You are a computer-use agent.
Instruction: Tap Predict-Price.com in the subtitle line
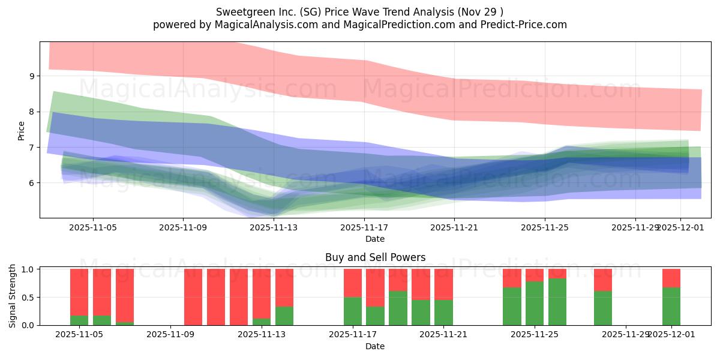point(524,25)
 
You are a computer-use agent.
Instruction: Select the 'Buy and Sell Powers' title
point(375,257)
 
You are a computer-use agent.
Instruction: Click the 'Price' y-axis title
point(22,130)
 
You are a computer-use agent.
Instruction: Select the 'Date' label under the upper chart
point(375,239)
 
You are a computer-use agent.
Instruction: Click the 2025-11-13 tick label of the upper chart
point(274,227)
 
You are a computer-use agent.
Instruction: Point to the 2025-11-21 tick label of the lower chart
point(443,335)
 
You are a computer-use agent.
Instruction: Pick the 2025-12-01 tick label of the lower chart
point(671,335)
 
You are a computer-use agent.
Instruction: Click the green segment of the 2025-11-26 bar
point(557,302)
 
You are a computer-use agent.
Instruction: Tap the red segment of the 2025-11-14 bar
point(284,287)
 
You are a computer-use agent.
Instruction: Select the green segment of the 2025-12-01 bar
point(671,307)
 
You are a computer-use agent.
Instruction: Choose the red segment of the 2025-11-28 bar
point(603,280)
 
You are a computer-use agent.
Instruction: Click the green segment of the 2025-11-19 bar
point(398,308)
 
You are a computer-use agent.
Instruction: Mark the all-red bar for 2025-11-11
point(216,297)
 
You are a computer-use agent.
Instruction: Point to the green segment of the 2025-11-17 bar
point(353,311)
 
